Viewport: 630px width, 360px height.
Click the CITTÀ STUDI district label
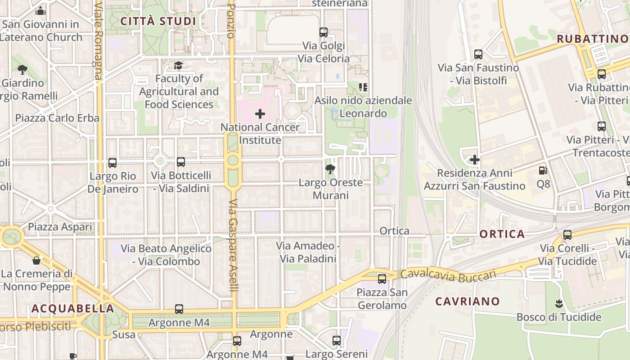coord(158,21)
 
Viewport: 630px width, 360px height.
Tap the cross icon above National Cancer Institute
coord(260,114)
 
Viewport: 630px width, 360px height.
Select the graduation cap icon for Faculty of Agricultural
coord(179,66)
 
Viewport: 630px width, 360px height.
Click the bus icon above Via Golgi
coord(324,32)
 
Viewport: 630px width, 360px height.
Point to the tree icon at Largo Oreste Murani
coord(330,170)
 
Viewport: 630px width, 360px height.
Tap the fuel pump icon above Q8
coord(543,171)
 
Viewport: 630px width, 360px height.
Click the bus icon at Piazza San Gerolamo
coord(382,279)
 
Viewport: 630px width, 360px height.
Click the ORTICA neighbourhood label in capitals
coord(502,234)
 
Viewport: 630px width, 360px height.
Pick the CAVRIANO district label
coord(467,301)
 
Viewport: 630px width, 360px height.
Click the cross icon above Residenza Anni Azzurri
coord(474,160)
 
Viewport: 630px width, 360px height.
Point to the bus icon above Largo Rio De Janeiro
coord(112,163)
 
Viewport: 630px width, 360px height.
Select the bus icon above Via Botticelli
coord(181,162)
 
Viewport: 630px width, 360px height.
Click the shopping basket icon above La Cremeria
coord(36,261)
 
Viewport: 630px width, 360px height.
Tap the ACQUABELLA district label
coord(72,309)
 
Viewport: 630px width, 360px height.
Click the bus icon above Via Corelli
coord(567,235)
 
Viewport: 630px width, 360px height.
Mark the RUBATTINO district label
coord(592,39)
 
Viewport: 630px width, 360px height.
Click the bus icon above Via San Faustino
coord(478,54)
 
